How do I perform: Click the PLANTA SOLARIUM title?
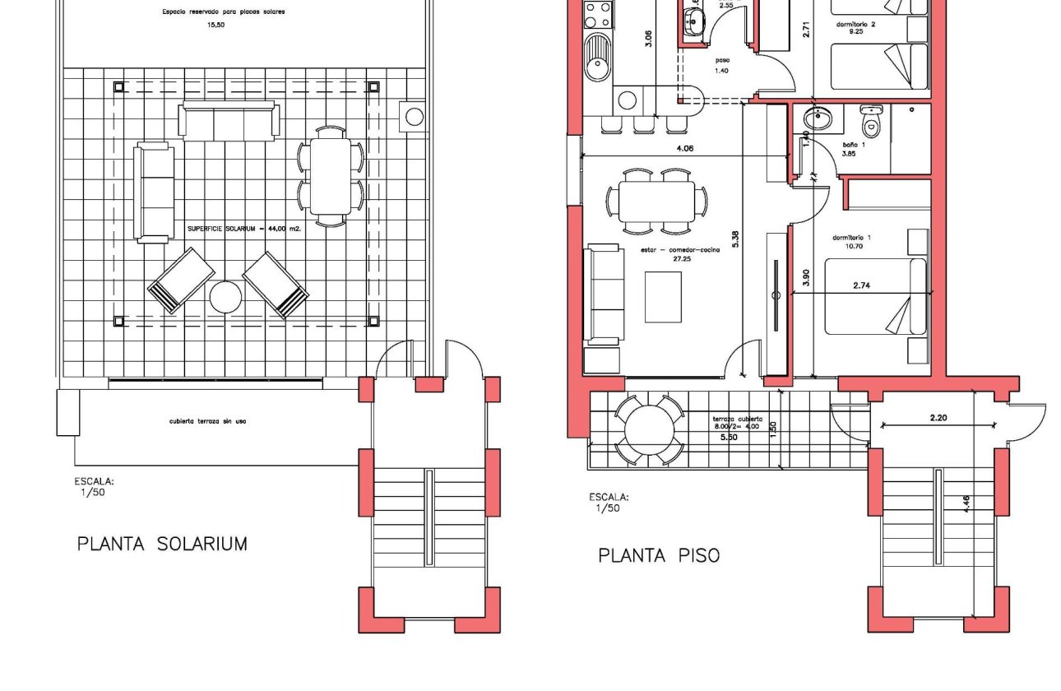coord(162,544)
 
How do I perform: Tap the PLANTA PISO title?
coord(658,556)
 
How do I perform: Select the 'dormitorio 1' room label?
coord(851,238)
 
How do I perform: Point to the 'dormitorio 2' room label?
coord(855,25)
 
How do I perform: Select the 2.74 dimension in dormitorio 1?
coord(862,285)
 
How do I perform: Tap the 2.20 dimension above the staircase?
coord(938,418)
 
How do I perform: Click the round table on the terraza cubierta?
coord(650,429)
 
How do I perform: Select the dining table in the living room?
coord(656,200)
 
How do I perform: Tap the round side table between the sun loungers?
coord(225,297)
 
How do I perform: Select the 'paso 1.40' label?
coord(722,65)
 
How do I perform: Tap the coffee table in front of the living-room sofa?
coord(663,296)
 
